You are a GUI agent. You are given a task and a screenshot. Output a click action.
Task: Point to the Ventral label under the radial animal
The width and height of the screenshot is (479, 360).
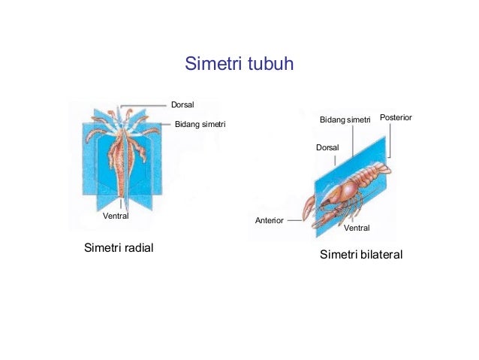click(x=116, y=216)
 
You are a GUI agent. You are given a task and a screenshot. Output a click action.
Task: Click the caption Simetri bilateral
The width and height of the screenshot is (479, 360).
click(x=361, y=255)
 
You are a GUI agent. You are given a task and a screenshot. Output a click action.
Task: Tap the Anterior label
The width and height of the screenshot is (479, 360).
click(x=269, y=221)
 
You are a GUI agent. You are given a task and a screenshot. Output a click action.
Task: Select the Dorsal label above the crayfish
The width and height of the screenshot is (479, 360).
click(x=327, y=147)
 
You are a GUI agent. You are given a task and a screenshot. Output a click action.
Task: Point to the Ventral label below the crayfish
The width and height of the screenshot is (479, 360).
click(x=357, y=227)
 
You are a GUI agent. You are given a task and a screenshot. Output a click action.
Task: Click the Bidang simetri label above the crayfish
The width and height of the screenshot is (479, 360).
click(x=345, y=119)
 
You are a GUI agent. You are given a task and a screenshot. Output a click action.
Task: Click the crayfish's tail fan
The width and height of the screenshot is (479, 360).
click(x=384, y=169)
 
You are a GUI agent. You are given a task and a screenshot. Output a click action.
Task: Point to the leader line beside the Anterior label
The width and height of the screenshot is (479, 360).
click(x=294, y=221)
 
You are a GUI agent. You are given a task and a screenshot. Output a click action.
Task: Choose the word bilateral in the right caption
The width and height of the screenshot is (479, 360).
click(x=379, y=255)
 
